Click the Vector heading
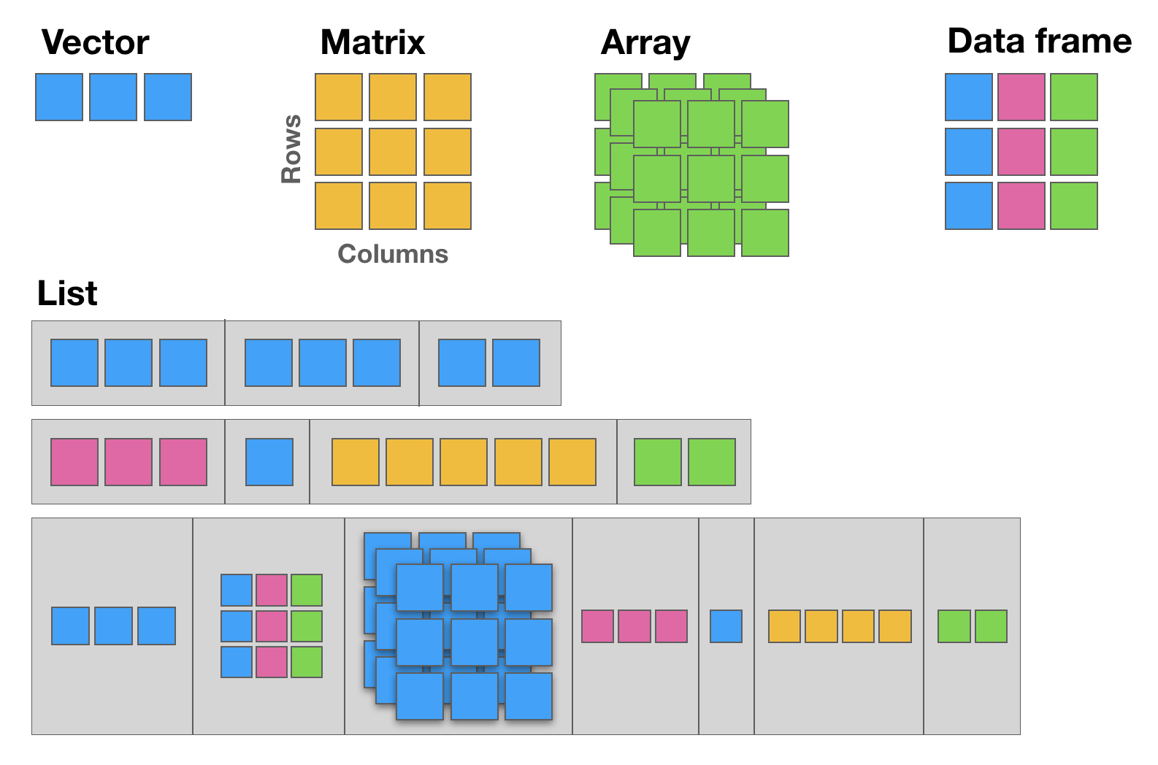coord(96,42)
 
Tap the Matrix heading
coord(372,42)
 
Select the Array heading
coord(645,43)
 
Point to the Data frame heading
coord(1039,41)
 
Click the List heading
coord(67,293)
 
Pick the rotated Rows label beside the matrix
coord(291,149)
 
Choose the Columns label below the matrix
coord(393,254)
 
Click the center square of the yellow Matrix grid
coord(393,152)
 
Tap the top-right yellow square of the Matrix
coord(448,97)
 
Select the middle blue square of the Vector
coord(113,97)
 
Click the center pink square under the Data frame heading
coord(1021,152)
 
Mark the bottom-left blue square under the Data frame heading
coord(969,206)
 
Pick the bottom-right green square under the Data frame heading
coord(1074,206)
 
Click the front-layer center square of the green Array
coord(711,179)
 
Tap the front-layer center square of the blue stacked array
coord(475,642)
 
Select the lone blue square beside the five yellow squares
coord(269,462)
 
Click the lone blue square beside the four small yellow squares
coord(726,626)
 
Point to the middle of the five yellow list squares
coord(464,462)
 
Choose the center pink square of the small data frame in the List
coord(272,626)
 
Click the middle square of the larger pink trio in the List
coord(129,462)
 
